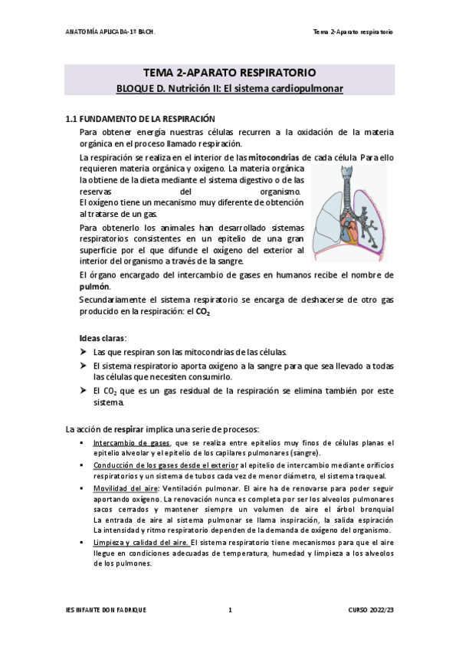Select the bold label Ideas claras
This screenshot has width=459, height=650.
[103, 338]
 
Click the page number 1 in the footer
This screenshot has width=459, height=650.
[230, 609]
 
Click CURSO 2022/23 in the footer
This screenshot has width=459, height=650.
[371, 609]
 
